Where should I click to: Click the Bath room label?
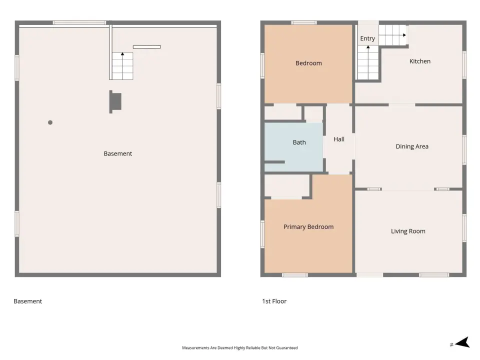(299, 142)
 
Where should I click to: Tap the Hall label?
(339, 139)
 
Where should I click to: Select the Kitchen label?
(419, 61)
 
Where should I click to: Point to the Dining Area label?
(412, 146)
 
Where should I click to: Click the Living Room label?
(408, 231)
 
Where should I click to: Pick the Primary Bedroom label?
(308, 227)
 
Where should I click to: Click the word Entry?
(367, 38)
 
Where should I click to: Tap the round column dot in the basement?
(50, 122)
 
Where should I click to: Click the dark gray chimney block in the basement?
(115, 101)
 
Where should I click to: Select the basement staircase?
(122, 66)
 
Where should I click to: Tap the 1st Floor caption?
(274, 301)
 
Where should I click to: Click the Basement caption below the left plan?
(28, 301)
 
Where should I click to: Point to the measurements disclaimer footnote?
(239, 348)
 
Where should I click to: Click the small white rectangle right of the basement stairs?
(147, 47)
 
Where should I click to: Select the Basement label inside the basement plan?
(118, 153)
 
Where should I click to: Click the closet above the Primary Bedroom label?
(287, 185)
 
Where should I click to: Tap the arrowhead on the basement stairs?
(122, 54)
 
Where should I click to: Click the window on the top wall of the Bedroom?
(303, 22)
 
